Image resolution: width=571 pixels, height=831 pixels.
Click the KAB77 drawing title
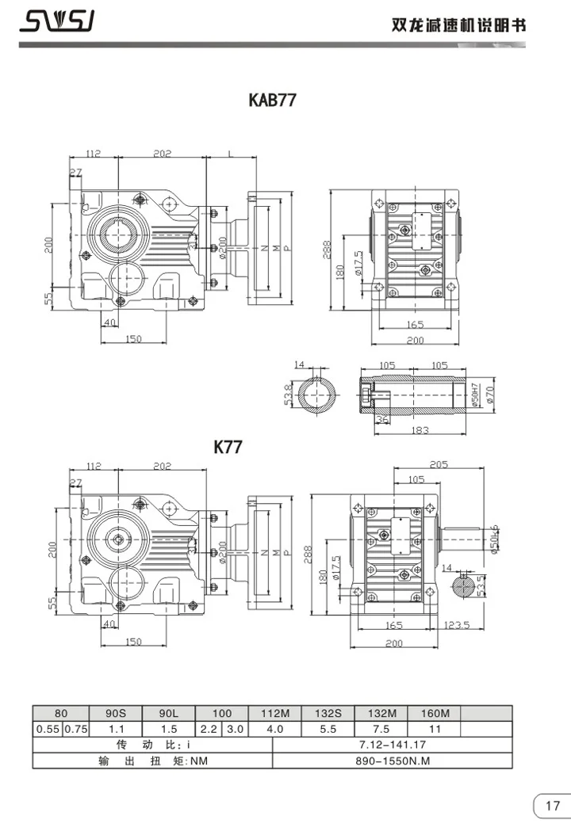[273, 101]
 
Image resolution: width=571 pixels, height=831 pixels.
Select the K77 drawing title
[228, 447]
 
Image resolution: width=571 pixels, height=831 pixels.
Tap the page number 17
[551, 806]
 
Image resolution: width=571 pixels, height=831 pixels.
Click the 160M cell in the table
[434, 713]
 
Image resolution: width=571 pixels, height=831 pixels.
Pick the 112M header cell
[274, 713]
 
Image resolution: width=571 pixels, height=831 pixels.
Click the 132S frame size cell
[328, 713]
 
